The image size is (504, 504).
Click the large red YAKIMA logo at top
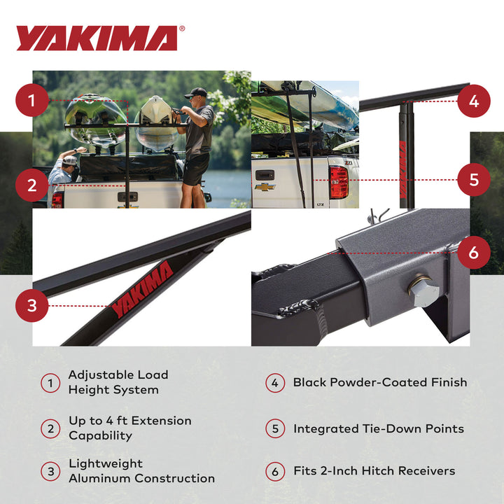coord(97,38)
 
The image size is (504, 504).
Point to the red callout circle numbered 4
coord(474,101)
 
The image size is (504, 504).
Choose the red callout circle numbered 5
coord(474,179)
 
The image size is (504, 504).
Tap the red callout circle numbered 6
coord(474,253)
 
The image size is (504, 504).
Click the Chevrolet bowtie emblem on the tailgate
coord(265,187)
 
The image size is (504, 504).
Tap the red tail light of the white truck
coord(339,183)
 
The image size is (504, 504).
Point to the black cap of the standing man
coord(197,92)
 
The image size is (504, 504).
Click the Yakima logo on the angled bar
coord(142,290)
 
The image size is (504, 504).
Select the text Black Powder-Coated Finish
coord(379,382)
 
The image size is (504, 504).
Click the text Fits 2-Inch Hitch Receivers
coord(374,471)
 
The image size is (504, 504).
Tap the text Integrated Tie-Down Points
coord(378,428)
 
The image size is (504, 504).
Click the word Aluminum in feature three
coord(102,478)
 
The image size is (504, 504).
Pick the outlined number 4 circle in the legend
coord(275,383)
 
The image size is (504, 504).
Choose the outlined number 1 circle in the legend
coord(50,383)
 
